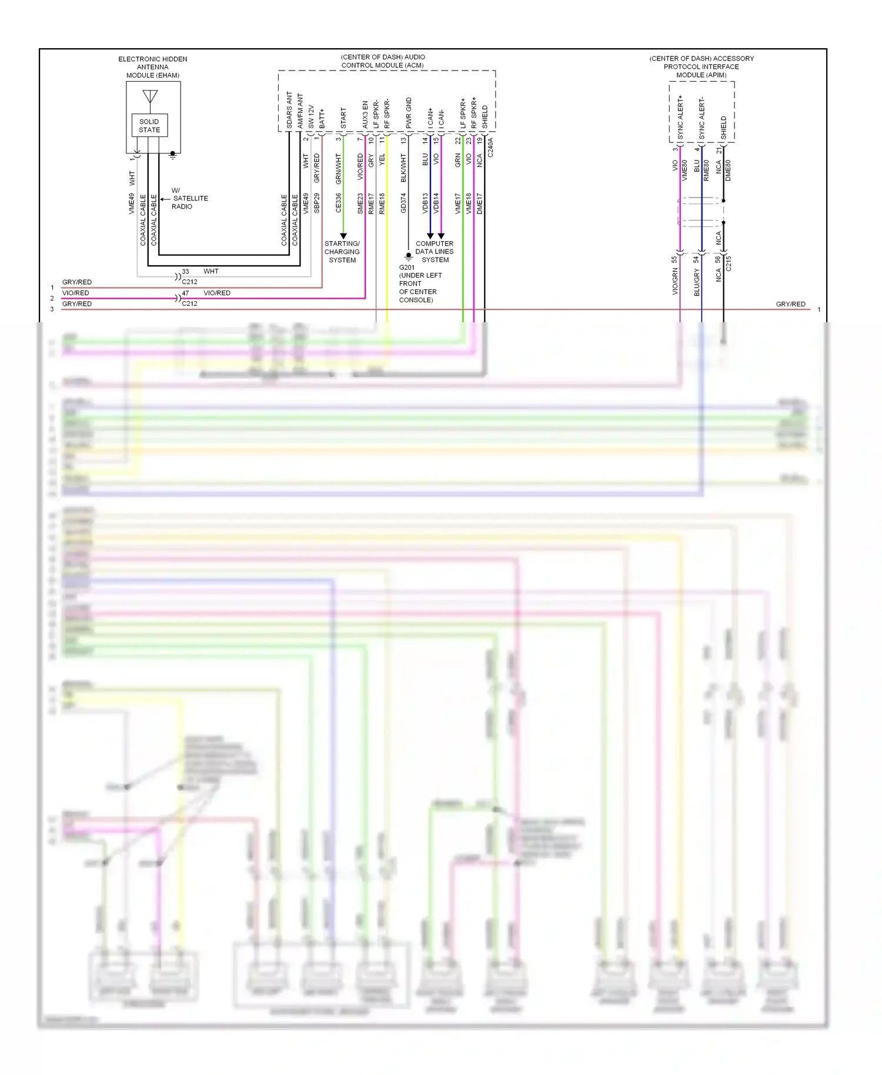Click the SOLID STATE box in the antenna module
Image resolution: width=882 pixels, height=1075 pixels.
point(149,125)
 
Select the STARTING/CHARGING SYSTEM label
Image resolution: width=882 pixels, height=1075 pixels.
point(342,252)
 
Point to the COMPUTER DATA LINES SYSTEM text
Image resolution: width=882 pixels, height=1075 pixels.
point(435,252)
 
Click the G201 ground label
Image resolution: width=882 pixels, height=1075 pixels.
point(407,268)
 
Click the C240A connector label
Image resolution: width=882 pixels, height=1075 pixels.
point(491,147)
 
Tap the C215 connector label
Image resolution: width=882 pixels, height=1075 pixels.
point(729,263)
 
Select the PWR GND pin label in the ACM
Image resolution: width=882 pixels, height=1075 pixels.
point(409,113)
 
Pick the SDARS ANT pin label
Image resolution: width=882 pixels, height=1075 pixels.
point(289,110)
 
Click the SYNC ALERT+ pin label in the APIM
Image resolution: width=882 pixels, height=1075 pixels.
point(680,118)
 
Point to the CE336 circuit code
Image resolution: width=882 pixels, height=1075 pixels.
point(338,203)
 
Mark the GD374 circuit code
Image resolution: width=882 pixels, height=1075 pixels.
point(403,203)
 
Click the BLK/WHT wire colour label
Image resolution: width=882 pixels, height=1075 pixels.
point(403,168)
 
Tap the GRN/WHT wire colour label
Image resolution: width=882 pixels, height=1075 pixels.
point(338,169)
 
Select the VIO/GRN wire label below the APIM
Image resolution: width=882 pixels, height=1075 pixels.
point(675,282)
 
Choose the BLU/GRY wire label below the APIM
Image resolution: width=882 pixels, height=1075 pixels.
point(697,283)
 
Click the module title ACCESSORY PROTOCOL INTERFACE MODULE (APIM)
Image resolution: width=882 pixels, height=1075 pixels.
point(701,66)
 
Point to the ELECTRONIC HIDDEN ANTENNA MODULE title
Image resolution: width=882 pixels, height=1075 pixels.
point(153,67)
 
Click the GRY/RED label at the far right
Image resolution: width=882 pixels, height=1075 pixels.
point(790,304)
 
